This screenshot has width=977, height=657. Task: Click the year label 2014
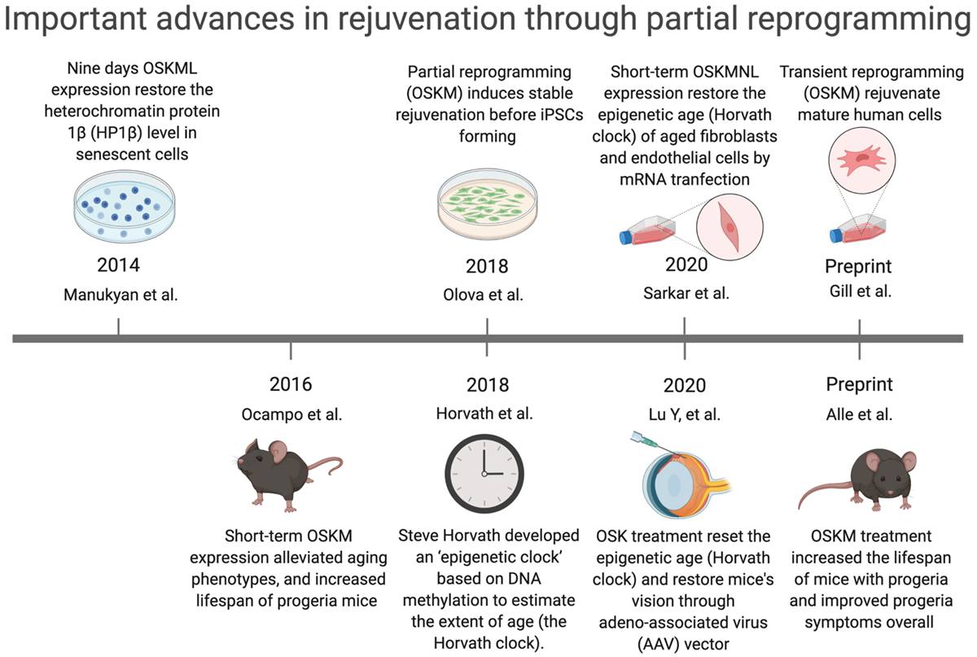pos(118,265)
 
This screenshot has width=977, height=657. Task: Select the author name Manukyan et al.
pos(120,295)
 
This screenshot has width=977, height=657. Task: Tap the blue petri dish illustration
pos(125,206)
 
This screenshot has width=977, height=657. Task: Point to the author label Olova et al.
pos(483,295)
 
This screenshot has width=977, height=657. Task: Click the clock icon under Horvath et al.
pos(484,473)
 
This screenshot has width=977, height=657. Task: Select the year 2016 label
pos(291,384)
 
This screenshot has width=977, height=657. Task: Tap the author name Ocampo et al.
pos(291,414)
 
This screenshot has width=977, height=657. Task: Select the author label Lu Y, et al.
pos(685,414)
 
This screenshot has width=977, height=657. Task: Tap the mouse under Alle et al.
pos(858,480)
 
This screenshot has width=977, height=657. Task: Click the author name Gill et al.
pos(860,291)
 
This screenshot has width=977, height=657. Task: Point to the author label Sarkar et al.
pos(686,293)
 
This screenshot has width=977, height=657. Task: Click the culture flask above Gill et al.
pos(857,229)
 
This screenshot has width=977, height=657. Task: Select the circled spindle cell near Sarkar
pos(729,227)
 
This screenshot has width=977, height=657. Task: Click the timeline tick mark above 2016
pos(291,351)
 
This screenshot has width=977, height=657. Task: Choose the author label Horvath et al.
pos(484,414)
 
